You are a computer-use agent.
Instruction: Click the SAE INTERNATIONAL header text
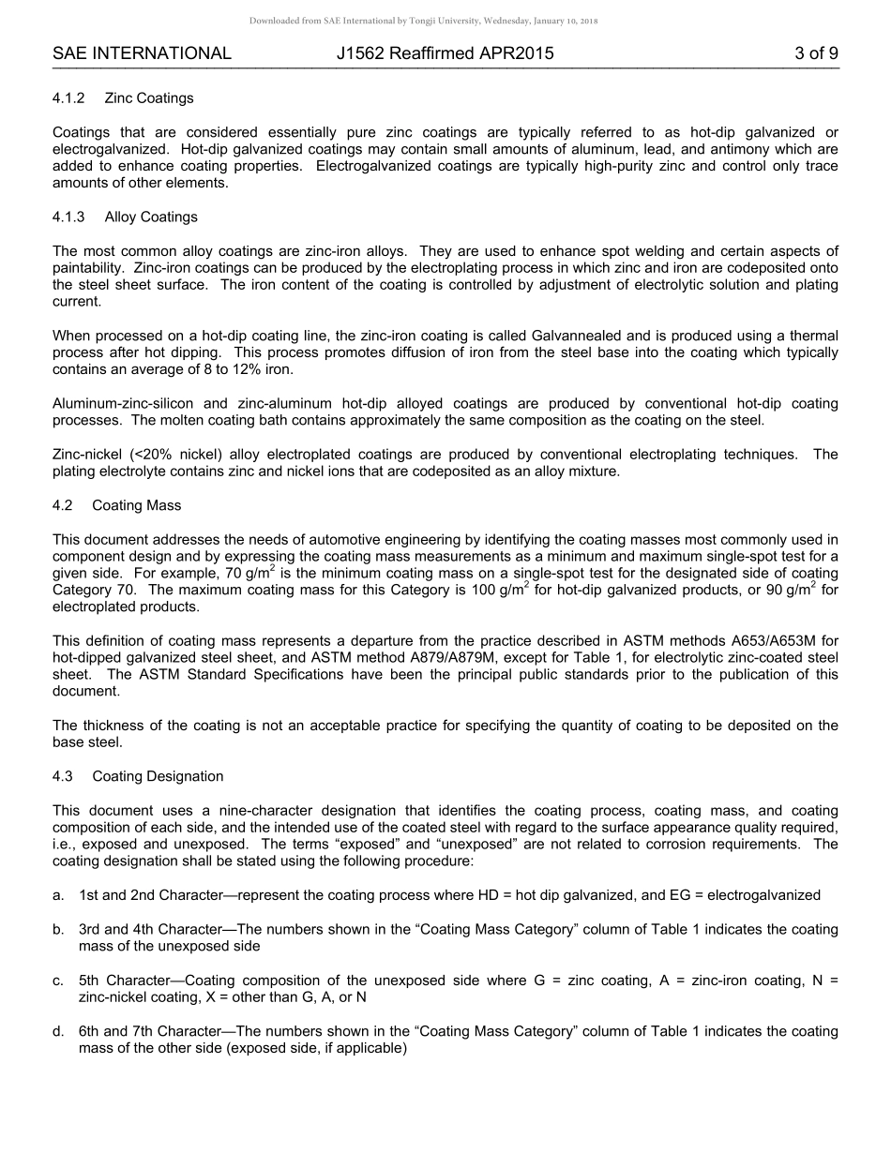142,53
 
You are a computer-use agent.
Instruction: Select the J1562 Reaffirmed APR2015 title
445,53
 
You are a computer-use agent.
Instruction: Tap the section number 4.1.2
69,98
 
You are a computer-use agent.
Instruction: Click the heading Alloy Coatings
151,217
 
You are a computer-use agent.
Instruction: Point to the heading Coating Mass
137,505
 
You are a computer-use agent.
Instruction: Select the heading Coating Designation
158,776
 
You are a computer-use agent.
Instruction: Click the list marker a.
58,895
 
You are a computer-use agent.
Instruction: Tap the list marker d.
58,1031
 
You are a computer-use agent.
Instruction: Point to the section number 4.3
63,776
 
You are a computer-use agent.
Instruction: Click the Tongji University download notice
423,20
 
